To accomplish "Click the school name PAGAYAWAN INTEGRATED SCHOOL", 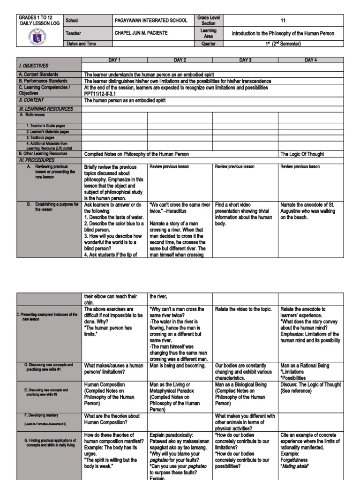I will [150, 21].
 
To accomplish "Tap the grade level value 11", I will [282, 21].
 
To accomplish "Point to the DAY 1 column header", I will [115, 60].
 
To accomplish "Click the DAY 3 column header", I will [245, 60].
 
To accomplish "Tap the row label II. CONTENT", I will [31, 100].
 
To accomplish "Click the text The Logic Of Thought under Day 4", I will [302, 154].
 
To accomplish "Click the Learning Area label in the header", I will [208, 33].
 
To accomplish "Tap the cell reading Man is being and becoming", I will [178, 366].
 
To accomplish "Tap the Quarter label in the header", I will [208, 44].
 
